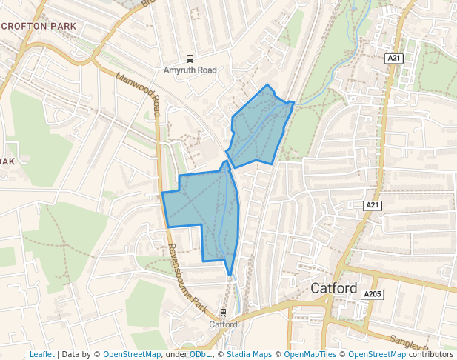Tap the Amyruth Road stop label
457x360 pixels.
pyautogui.click(x=190, y=70)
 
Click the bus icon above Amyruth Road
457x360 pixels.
pyautogui.click(x=190, y=59)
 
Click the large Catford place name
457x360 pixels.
pyautogui.click(x=334, y=288)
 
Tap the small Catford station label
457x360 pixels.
pyautogui.click(x=223, y=324)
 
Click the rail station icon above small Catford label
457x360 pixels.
pyautogui.click(x=223, y=313)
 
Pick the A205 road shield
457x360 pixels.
pyautogui.click(x=373, y=295)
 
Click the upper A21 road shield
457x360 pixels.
pyautogui.click(x=393, y=57)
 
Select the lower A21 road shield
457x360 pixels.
pyautogui.click(x=373, y=204)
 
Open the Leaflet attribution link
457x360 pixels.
pyautogui.click(x=41, y=354)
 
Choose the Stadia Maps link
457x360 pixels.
pyautogui.click(x=249, y=354)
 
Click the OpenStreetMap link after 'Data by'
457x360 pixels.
pyautogui.click(x=132, y=354)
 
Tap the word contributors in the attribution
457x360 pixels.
pyautogui.click(x=430, y=354)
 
